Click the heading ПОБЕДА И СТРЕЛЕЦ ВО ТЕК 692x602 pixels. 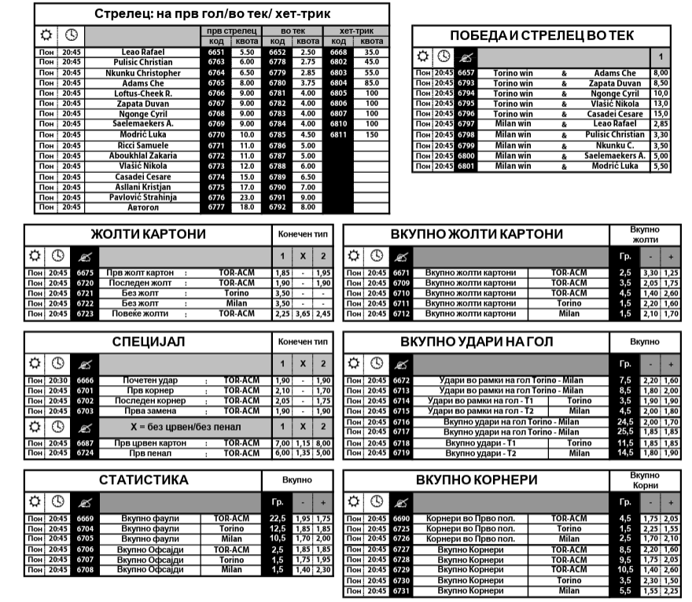click(x=541, y=35)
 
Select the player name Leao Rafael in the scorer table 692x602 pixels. click(x=142, y=52)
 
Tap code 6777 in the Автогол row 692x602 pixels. click(x=216, y=207)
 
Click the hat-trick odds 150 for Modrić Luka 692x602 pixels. click(x=371, y=135)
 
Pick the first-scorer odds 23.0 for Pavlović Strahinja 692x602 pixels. click(x=247, y=197)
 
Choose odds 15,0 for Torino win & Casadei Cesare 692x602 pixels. click(x=661, y=114)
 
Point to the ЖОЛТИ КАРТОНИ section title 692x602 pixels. click(x=148, y=234)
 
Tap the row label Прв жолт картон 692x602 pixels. click(x=136, y=273)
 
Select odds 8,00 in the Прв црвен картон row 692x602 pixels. click(x=322, y=443)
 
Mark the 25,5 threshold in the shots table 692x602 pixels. click(x=626, y=432)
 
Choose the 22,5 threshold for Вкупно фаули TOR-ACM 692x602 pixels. click(x=277, y=519)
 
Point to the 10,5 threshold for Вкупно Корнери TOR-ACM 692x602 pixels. click(x=626, y=570)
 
